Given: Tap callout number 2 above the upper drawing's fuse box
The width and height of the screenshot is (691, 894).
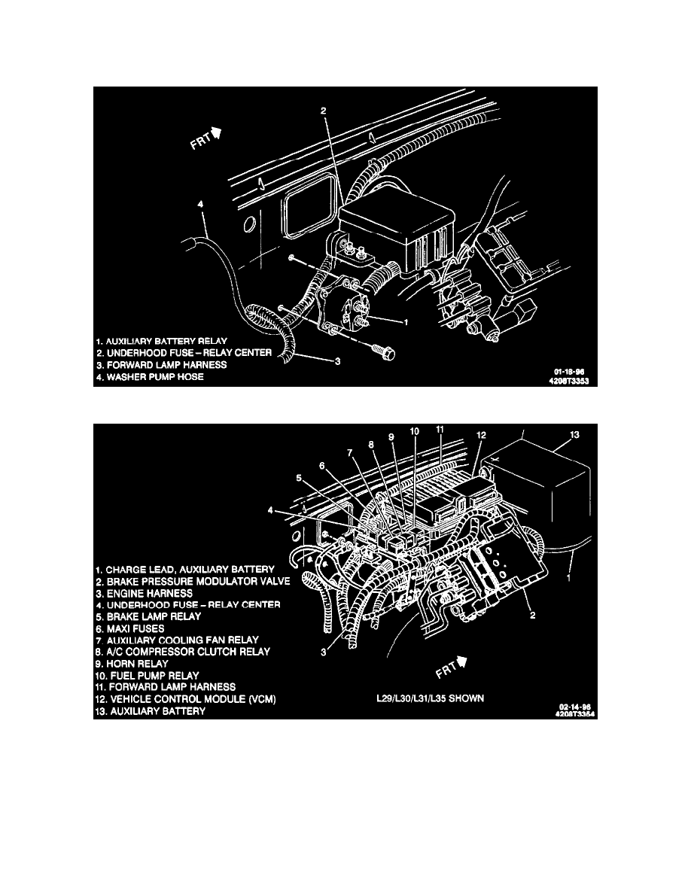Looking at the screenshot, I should (x=324, y=111).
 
